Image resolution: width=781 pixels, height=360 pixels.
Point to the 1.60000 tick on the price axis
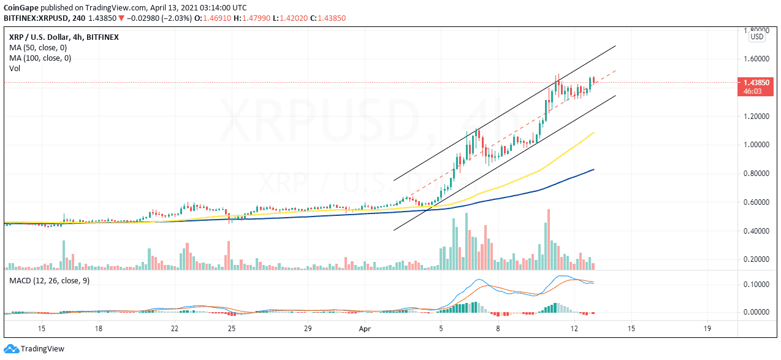coord(756,59)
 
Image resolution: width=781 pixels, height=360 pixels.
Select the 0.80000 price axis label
coord(756,174)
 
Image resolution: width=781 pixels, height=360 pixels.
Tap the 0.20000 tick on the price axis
coord(756,259)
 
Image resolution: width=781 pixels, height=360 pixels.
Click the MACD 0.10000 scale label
coord(756,285)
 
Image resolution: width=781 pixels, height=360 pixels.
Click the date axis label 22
coord(175,329)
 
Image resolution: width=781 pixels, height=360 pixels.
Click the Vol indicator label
coord(15,69)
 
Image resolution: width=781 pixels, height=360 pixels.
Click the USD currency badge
coord(757,37)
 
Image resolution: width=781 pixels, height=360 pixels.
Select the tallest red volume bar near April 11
coord(548,239)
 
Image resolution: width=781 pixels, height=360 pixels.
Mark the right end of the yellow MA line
coord(593,132)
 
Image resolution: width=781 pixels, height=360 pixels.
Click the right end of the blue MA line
coord(593,170)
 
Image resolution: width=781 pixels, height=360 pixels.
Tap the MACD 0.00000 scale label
coord(756,312)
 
